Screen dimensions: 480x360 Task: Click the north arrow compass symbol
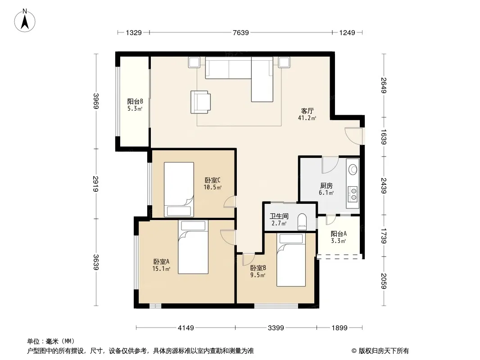tap(25, 21)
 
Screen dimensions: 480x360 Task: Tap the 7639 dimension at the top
tap(240, 32)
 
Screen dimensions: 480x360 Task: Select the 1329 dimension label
tap(134, 32)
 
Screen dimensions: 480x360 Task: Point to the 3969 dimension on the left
tap(96, 101)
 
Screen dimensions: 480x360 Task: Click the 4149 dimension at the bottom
tap(186, 328)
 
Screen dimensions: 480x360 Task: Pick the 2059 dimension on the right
tap(384, 281)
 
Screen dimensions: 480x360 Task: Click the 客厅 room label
tap(307, 111)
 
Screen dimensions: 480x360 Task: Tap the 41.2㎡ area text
tap(307, 118)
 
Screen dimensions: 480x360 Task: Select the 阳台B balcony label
tap(135, 101)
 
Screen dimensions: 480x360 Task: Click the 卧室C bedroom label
tap(213, 180)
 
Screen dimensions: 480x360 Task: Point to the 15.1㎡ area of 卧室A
tap(161, 269)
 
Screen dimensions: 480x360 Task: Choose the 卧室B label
tap(258, 268)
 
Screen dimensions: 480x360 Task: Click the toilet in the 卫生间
tap(302, 221)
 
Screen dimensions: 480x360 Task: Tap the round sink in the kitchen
tap(353, 169)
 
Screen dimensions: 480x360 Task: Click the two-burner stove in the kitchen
tap(353, 194)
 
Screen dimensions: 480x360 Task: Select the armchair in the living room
tap(200, 102)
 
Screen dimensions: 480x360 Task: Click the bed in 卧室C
tap(179, 189)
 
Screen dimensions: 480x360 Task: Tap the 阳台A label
tap(339, 234)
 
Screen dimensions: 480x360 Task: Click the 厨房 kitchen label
tap(326, 186)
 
